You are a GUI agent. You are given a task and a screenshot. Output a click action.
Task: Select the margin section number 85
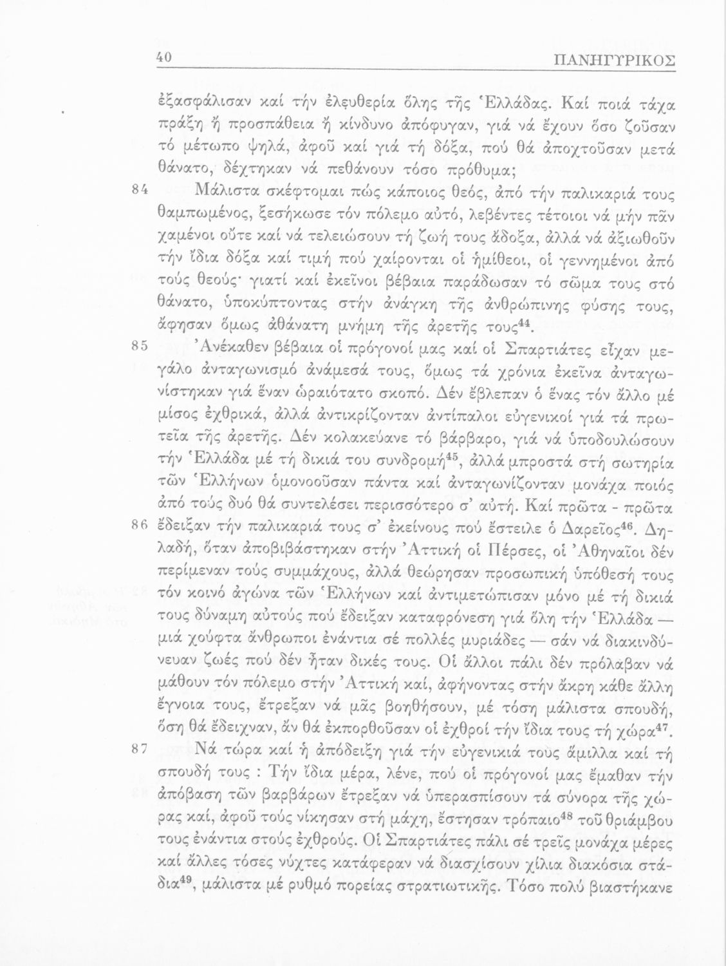click(141, 346)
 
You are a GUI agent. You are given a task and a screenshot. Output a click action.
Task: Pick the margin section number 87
click(141, 749)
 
